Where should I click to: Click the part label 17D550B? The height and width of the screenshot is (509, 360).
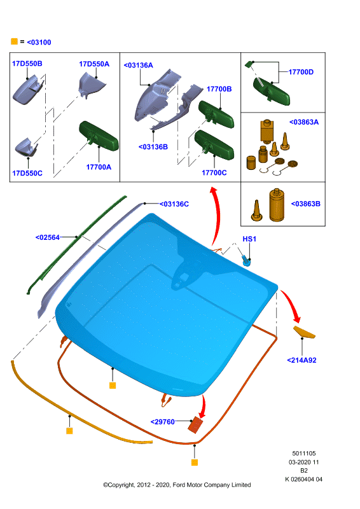point(27,64)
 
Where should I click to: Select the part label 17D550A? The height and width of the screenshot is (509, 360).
point(94,64)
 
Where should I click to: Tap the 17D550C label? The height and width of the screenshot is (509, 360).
point(27,173)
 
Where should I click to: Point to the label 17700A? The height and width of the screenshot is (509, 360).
point(99,167)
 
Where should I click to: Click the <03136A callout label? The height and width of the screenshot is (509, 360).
point(138,66)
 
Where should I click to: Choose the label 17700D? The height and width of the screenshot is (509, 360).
point(301,72)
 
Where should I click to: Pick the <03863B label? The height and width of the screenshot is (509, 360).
point(305,204)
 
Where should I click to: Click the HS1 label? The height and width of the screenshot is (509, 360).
point(249,239)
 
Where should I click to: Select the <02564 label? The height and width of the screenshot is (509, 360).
point(48,237)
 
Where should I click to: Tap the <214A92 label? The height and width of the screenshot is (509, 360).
point(301,360)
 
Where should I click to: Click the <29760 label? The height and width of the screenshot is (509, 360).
point(163,422)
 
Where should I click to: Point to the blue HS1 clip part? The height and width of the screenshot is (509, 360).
point(247,261)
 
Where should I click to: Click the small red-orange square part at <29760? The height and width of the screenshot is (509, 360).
point(195,425)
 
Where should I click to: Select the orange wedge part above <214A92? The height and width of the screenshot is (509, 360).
point(304,332)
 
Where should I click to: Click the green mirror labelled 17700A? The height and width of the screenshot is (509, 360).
point(99,136)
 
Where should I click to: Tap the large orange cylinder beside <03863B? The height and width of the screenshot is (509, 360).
point(277,205)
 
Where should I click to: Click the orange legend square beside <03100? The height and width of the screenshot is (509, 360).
point(14,41)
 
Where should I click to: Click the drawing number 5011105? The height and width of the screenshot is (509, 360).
point(304,454)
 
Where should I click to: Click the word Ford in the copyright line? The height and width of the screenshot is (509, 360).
point(179,485)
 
